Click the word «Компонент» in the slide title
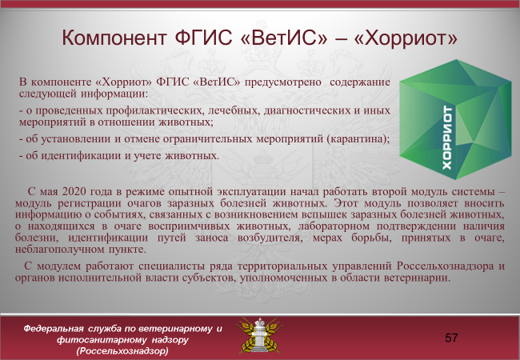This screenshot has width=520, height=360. click(114, 38)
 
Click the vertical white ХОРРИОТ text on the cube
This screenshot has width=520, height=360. click(447, 138)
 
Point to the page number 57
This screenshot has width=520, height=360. click(451, 338)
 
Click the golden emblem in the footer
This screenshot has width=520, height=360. click(259, 335)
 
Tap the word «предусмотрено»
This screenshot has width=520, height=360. click(283, 82)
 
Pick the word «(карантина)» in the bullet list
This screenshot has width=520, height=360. click(358, 138)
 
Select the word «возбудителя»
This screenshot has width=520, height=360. click(270, 238)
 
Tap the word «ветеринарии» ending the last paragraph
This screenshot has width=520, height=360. click(417, 278)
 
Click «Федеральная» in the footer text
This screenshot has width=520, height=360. click(53, 329)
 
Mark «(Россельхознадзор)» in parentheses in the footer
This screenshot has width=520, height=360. click(122, 351)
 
